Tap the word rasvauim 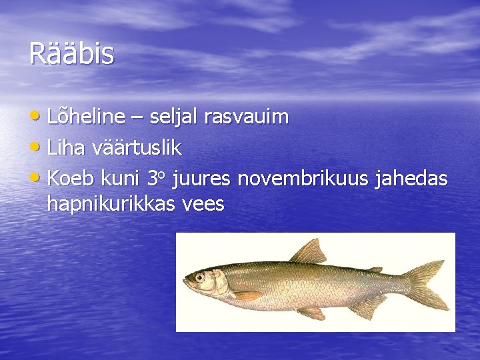click(x=246, y=117)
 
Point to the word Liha click(x=65, y=148)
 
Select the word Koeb click(x=71, y=179)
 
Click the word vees click(x=204, y=205)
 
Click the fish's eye click(x=199, y=277)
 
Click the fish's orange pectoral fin click(x=247, y=295)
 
